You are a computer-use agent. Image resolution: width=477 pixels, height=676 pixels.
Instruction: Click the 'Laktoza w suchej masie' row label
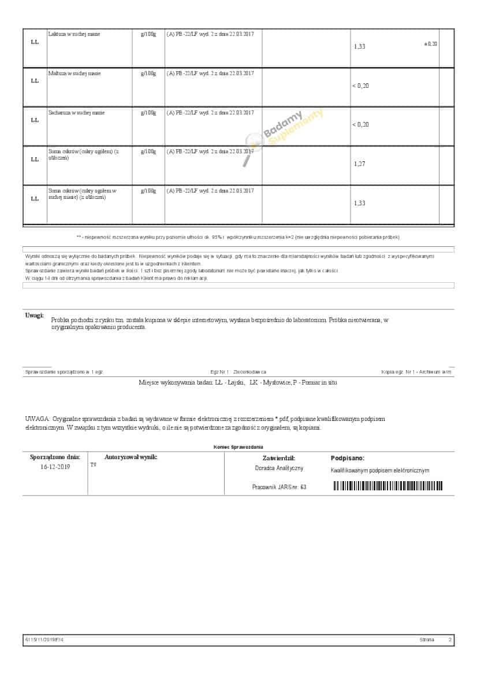coord(74,34)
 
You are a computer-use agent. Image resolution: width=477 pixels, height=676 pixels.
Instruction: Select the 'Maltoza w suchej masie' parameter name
coord(74,73)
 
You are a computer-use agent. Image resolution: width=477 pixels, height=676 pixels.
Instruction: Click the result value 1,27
coord(359,164)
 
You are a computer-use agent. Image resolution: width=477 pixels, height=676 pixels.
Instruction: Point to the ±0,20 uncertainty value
coord(431,44)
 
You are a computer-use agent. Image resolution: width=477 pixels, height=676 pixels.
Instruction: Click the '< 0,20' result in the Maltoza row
coord(360,86)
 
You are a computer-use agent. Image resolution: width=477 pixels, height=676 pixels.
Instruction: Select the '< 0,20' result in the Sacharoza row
coord(360,125)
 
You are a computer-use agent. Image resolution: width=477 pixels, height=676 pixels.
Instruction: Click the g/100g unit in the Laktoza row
coord(148,34)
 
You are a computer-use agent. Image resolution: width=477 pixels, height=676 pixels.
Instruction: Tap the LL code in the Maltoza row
coord(35,81)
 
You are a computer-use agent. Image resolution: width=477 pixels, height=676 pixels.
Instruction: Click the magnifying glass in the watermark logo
coord(252,145)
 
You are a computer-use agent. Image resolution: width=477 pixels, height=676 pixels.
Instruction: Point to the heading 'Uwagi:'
coord(34,315)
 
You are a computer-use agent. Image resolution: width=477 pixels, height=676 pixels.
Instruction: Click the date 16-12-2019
coord(55,467)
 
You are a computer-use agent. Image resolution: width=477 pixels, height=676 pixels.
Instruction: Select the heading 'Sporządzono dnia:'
coord(55,457)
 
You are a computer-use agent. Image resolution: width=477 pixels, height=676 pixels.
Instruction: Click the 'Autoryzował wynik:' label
coord(131,457)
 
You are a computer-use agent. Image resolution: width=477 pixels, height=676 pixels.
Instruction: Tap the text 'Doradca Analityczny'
coord(279,468)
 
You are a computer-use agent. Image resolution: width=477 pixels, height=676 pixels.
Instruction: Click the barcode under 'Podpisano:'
coord(388,486)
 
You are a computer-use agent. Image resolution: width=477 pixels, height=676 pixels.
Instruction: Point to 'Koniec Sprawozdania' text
coord(238,447)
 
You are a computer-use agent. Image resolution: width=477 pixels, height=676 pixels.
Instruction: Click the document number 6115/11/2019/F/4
coord(49,640)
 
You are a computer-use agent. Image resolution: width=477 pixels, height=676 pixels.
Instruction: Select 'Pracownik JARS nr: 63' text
coord(279,487)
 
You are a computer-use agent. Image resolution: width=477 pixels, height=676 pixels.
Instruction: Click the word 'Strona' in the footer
coord(427,640)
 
